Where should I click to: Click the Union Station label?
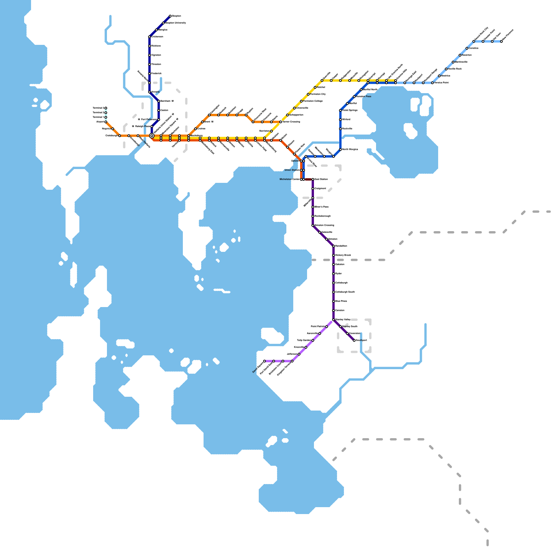click(x=292, y=170)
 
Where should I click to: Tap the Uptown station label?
click(x=295, y=161)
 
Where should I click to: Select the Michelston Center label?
click(x=289, y=179)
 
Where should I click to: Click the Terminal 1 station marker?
click(x=106, y=117)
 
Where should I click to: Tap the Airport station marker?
click(x=106, y=122)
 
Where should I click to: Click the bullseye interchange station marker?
click(x=152, y=136)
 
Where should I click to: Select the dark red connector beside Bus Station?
click(x=308, y=179)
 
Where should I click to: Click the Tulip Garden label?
click(x=304, y=341)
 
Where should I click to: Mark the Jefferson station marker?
click(x=299, y=354)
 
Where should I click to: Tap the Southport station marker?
click(x=354, y=341)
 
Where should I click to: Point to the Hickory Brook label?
click(x=343, y=255)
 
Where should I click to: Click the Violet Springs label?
click(x=350, y=110)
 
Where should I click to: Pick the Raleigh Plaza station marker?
click(x=152, y=127)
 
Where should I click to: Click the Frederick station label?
click(x=156, y=73)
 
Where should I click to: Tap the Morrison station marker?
click(x=271, y=131)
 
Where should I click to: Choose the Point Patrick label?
click(x=318, y=326)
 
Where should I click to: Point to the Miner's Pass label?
click(x=322, y=207)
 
